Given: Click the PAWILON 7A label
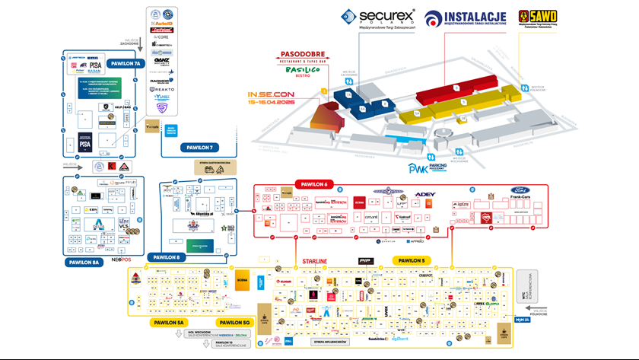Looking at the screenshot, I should coord(125,63).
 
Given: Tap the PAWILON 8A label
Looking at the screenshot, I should coord(84,263).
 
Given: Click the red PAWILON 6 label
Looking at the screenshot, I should coord(315,183).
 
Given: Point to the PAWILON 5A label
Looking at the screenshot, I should coord(170,322).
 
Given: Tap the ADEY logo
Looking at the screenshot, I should coord(426,195).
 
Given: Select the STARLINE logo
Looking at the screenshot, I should coord(315,261).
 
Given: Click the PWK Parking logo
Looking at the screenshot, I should coord(426,168).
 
